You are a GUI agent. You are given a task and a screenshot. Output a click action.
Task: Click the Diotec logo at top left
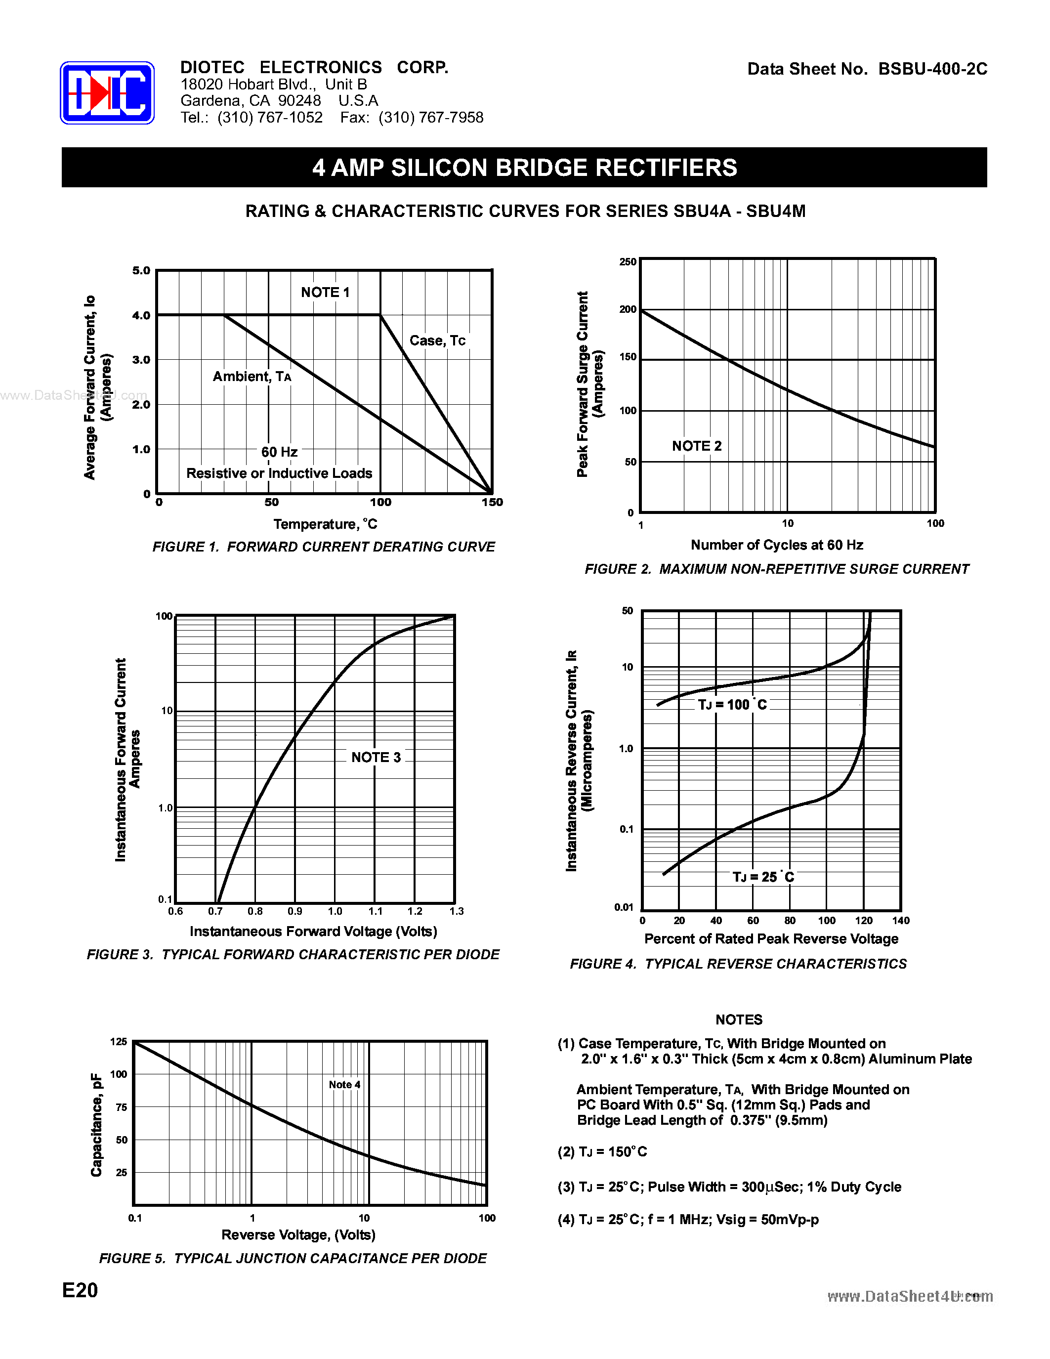(107, 93)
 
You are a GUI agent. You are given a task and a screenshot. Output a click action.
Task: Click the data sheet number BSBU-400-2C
(932, 69)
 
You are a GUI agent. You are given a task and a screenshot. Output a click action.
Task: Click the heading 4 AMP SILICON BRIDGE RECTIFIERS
(524, 168)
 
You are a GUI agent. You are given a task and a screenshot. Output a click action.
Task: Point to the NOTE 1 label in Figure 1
(325, 293)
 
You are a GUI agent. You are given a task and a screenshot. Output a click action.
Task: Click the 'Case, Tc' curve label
(437, 340)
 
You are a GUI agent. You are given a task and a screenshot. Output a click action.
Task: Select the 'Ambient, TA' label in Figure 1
(252, 377)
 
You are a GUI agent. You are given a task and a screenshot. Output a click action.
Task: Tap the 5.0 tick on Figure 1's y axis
(141, 271)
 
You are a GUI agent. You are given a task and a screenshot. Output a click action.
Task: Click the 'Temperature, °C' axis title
(325, 524)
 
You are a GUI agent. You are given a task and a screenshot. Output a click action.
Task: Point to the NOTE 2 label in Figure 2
(697, 446)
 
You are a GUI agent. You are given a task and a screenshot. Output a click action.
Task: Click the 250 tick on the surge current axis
(628, 262)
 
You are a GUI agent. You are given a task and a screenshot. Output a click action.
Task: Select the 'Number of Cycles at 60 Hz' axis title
(777, 545)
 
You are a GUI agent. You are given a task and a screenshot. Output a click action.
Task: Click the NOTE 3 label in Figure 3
(376, 757)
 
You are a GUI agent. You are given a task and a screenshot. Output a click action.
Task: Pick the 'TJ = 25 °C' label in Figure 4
(762, 877)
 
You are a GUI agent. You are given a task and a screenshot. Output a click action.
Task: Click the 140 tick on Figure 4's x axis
(900, 920)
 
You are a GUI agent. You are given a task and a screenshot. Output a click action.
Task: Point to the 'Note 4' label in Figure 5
(344, 1085)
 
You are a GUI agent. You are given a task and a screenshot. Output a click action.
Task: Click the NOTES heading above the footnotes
(738, 1019)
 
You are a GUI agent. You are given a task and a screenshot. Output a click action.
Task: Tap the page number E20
(80, 1290)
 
